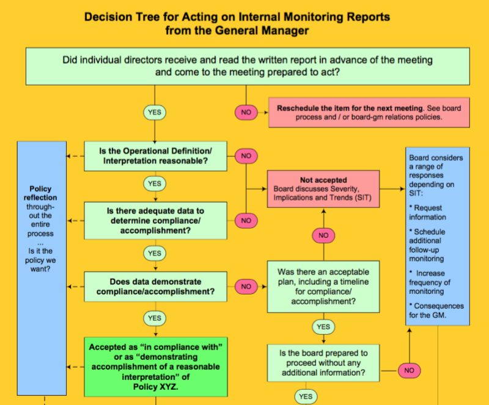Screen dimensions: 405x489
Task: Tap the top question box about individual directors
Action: point(248,66)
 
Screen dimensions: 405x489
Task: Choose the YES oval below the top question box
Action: point(155,112)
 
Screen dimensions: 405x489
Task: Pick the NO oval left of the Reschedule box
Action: point(246,112)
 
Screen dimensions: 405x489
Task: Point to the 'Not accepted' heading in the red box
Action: point(323,181)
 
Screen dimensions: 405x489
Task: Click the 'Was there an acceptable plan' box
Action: point(323,286)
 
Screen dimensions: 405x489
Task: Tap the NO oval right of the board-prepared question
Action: point(410,370)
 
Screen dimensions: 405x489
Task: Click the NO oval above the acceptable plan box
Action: point(323,235)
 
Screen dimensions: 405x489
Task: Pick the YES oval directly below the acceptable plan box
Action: point(323,327)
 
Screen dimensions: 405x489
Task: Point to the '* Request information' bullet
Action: point(428,212)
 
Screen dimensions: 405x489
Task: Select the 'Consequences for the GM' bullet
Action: point(436,310)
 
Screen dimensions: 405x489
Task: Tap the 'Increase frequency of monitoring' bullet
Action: point(430,282)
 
